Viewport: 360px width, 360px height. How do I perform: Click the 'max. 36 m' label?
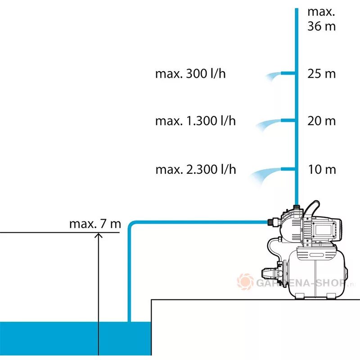coord(321,19)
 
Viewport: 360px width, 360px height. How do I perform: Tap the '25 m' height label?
coord(321,74)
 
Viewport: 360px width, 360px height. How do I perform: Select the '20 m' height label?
coord(321,121)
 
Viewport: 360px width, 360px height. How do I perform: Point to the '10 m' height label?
coord(321,170)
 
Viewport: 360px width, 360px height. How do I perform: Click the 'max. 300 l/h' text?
coord(190,74)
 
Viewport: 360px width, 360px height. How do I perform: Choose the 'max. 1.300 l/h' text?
coord(195,121)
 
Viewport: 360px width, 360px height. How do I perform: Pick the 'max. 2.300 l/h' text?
coord(195,170)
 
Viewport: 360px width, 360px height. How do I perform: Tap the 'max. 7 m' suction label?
coord(95,224)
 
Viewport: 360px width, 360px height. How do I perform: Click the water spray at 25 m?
coord(272,76)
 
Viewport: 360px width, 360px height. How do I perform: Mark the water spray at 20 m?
coord(266,125)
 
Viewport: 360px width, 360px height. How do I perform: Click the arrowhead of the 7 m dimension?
coord(98,237)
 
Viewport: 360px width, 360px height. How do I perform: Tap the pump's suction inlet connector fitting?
coord(271,221)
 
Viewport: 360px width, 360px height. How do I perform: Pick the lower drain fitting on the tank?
coord(270,274)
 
